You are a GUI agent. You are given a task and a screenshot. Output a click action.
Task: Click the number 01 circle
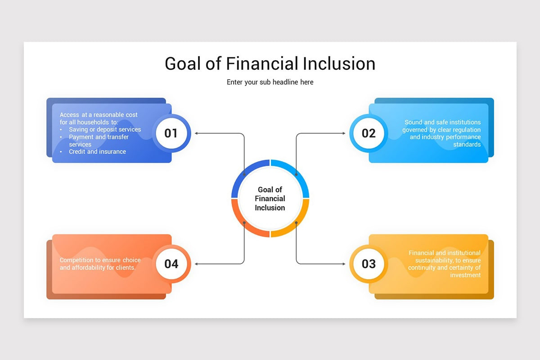coord(171,133)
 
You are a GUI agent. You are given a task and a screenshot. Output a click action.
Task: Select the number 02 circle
coord(369,133)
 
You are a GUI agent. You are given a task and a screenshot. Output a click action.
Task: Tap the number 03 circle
coord(369,264)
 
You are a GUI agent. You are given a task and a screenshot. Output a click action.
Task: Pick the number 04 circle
coord(171,264)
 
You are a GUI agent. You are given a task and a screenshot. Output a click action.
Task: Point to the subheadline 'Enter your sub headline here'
coord(270,82)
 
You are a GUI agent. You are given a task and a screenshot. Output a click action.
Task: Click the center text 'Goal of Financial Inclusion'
coord(270,198)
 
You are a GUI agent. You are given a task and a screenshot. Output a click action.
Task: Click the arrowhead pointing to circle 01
coord(196,133)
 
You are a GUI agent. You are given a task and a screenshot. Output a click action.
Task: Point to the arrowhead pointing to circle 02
coord(344,133)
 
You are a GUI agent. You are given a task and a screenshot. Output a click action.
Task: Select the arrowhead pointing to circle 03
coord(344,264)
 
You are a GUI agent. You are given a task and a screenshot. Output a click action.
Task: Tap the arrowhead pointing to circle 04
coord(196,264)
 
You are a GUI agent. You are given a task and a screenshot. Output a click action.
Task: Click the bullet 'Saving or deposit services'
coord(104,130)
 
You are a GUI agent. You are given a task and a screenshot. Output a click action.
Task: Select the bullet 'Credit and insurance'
coord(97,152)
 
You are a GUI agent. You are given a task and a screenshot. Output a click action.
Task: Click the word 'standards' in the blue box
coord(467,144)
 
